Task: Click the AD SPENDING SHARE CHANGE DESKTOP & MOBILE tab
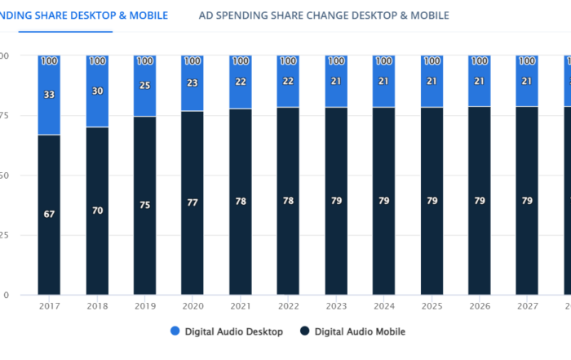[x=324, y=16]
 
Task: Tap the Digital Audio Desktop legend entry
[x=228, y=331]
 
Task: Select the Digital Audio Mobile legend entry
[x=352, y=331]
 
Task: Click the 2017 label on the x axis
[x=49, y=305]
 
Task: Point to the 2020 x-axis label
[x=193, y=305]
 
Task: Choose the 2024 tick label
[x=383, y=305]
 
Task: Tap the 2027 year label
[x=527, y=305]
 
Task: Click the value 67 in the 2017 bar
[x=49, y=214]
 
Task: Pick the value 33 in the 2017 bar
[x=49, y=95]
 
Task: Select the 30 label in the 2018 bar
[x=97, y=91]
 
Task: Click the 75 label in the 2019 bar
[x=144, y=205]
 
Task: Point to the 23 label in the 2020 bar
[x=193, y=82]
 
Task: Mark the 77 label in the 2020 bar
[x=193, y=202]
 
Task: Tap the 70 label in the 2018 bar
[x=97, y=211]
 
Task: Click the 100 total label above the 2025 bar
[x=432, y=61]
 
